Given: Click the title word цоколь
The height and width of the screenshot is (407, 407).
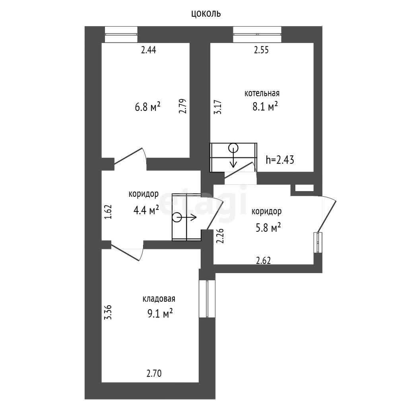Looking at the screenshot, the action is point(206,13).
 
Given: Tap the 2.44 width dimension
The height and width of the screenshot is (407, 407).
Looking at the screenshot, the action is point(149,50).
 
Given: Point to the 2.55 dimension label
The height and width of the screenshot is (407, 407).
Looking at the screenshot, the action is point(261,50).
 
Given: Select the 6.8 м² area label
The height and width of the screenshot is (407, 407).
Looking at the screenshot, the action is point(147,107).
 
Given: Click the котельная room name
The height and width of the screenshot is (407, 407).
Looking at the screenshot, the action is point(262,93).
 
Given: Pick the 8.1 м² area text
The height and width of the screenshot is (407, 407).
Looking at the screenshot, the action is point(265,106).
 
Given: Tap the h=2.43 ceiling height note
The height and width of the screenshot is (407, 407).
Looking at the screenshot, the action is point(280,160).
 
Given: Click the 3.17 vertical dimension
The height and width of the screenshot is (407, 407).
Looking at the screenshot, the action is point(218,107).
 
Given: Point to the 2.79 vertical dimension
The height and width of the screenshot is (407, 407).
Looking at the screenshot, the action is point(183,106).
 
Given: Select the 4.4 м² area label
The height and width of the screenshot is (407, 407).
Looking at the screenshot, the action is point(146,210).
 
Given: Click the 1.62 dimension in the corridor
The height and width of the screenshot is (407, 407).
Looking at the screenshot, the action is point(108,212).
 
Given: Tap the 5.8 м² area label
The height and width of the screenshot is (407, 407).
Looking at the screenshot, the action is point(268,228).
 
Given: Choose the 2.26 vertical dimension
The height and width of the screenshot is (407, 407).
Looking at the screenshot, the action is point(220,236).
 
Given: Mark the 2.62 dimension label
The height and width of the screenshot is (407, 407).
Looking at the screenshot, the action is point(263,260).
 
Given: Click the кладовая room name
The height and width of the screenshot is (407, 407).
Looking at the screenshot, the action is point(159,299).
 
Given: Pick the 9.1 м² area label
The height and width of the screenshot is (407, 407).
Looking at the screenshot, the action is point(160,314).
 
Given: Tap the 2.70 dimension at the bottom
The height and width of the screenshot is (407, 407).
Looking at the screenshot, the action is point(154,373).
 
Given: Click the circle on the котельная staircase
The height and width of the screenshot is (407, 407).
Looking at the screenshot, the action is point(233,148).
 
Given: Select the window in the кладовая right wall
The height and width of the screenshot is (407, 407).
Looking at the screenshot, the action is point(207,298).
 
